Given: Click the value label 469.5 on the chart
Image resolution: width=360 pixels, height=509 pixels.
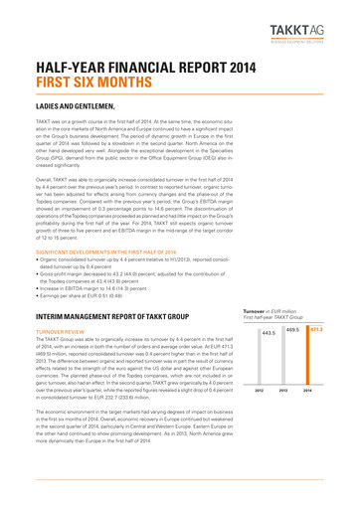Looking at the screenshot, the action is tap(294, 356).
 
